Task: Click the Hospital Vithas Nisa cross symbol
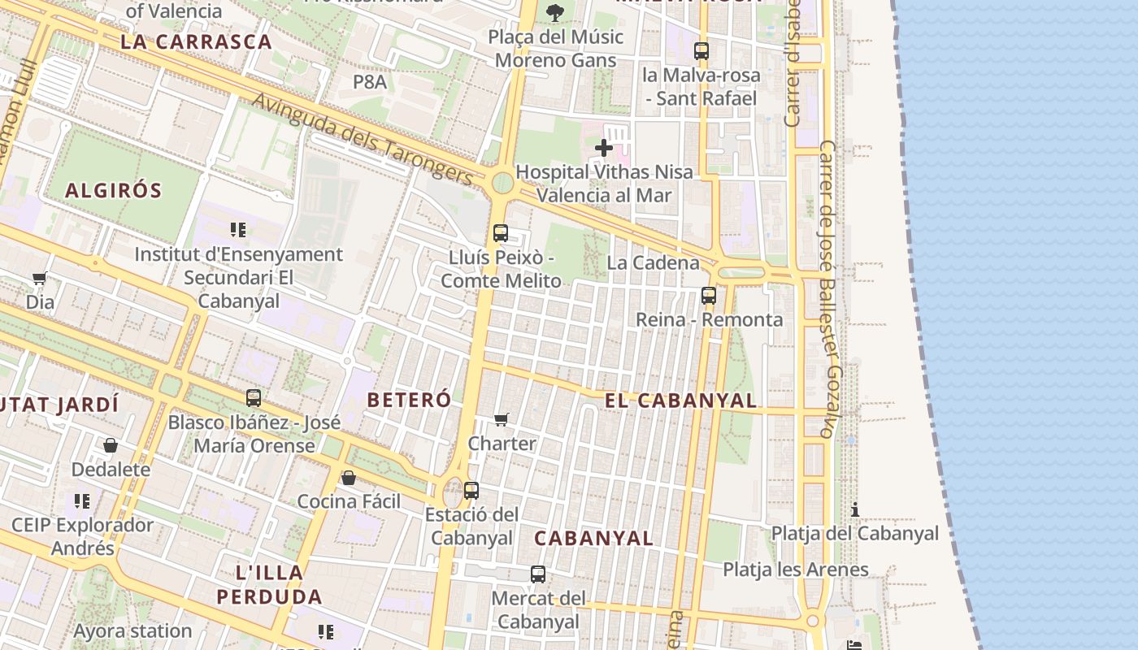[604, 148]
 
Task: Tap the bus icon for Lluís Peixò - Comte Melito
[501, 233]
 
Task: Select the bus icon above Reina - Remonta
[709, 296]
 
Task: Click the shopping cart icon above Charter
[502, 420]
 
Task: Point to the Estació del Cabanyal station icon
[471, 491]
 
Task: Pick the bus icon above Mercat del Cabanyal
[538, 574]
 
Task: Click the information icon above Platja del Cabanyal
[855, 510]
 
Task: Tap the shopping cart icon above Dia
[39, 279]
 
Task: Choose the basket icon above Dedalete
[111, 445]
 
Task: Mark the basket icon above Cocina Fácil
[349, 478]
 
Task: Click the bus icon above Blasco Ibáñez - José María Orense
[254, 398]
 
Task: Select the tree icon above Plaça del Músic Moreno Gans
[555, 12]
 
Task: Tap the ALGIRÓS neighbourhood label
[114, 191]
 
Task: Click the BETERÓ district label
[409, 400]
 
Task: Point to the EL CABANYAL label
[680, 401]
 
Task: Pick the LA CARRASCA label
[196, 42]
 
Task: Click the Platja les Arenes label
[796, 570]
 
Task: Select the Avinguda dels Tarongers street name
[363, 139]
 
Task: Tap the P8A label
[370, 81]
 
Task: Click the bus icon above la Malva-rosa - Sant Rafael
[701, 51]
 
